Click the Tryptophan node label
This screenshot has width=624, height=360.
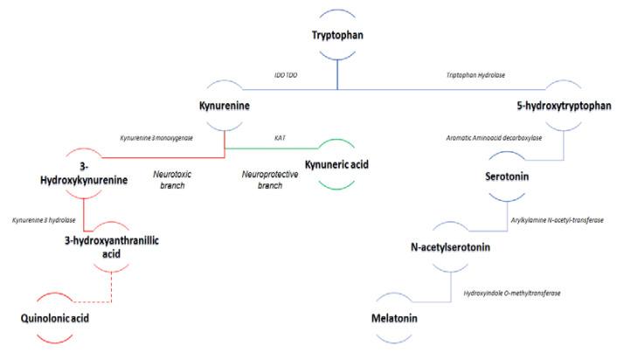point(337,35)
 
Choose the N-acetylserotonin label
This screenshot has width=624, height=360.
point(451,246)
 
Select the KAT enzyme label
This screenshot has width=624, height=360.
point(281,137)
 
